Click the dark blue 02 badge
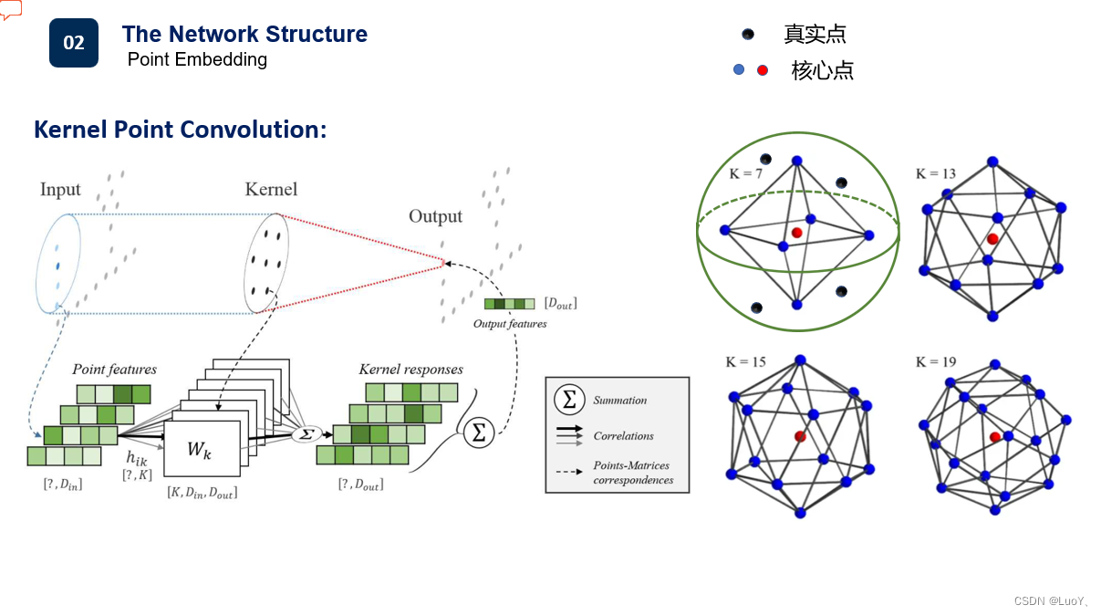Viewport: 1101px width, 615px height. point(74,43)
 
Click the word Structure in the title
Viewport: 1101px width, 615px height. point(317,34)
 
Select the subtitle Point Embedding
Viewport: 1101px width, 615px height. point(197,59)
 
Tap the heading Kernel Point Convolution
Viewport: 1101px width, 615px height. point(181,130)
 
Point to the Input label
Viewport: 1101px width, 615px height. point(60,190)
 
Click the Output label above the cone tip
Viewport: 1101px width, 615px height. point(435,216)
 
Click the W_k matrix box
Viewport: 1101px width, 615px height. point(202,448)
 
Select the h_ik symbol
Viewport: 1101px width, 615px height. point(137,458)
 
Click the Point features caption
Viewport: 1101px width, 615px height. point(115,370)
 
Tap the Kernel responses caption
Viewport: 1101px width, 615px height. point(410,370)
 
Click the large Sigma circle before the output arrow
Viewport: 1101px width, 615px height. point(479,433)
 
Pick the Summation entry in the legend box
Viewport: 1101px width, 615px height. point(619,401)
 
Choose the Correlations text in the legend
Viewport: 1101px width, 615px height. point(623,436)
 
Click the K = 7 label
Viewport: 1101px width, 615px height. point(745,173)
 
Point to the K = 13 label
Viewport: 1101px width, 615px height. point(936,173)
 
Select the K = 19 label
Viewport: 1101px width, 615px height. point(936,362)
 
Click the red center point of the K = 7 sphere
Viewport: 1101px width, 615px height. point(796,233)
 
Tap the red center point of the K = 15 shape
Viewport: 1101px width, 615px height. point(800,436)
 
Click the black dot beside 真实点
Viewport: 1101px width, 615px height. point(748,35)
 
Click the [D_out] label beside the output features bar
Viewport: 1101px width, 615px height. point(561,303)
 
